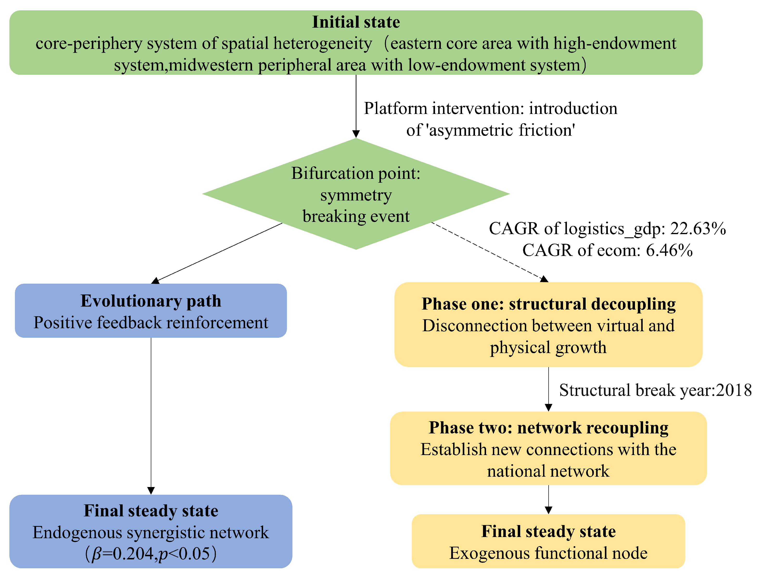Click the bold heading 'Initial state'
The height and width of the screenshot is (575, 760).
[x=356, y=22]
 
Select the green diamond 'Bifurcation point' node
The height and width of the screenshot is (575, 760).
[x=356, y=194]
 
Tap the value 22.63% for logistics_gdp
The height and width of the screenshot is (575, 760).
[x=698, y=228]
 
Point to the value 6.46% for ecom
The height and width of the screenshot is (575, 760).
[x=669, y=250]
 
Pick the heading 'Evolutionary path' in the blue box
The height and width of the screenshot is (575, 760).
[x=151, y=301]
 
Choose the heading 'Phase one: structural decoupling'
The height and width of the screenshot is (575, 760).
[x=549, y=304]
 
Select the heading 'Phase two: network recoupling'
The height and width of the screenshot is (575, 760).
[x=549, y=428]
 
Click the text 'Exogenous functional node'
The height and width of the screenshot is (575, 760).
[x=548, y=553]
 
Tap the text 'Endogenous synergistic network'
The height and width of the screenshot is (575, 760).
[x=151, y=532]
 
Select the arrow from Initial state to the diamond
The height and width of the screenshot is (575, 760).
[x=356, y=106]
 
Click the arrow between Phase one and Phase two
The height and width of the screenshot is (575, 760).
[x=549, y=389]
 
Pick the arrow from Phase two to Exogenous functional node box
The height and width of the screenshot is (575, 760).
[x=549, y=500]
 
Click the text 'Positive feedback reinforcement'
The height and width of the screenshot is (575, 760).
[x=151, y=323]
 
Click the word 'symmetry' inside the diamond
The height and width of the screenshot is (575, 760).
[x=356, y=195]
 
